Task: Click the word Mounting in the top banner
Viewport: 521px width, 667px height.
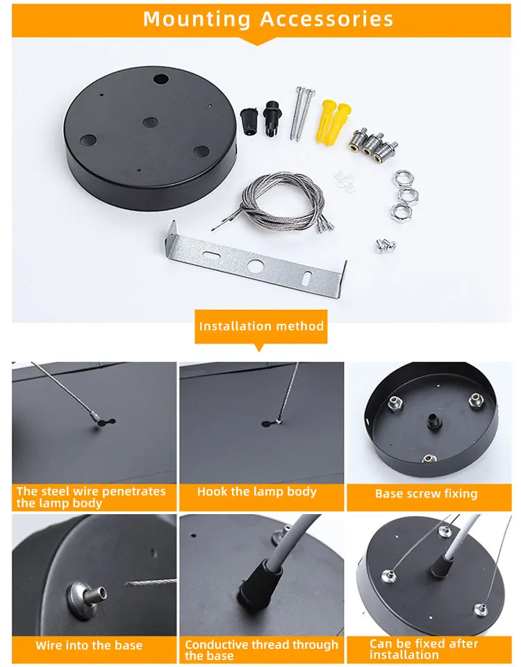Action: pyautogui.click(x=196, y=19)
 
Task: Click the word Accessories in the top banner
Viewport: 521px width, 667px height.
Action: pyautogui.click(x=326, y=19)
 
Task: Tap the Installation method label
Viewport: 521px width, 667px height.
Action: pyautogui.click(x=261, y=327)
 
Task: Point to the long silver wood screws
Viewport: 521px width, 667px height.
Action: pyautogui.click(x=301, y=113)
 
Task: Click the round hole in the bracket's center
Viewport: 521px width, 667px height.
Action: pyautogui.click(x=255, y=266)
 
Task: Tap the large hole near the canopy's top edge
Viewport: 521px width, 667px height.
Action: pyautogui.click(x=160, y=79)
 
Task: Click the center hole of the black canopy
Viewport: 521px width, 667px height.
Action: pyautogui.click(x=150, y=123)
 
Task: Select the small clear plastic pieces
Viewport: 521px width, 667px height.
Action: pyautogui.click(x=345, y=179)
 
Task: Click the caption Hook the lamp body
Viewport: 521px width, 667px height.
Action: pyautogui.click(x=257, y=492)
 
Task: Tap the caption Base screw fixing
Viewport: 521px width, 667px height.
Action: pyautogui.click(x=426, y=493)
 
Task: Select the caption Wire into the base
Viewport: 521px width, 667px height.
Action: pyautogui.click(x=89, y=645)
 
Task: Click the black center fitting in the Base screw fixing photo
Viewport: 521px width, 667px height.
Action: pyautogui.click(x=433, y=420)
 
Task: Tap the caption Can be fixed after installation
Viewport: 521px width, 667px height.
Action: pyautogui.click(x=424, y=649)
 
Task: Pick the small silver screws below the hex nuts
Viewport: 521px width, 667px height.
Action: pyautogui.click(x=386, y=245)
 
